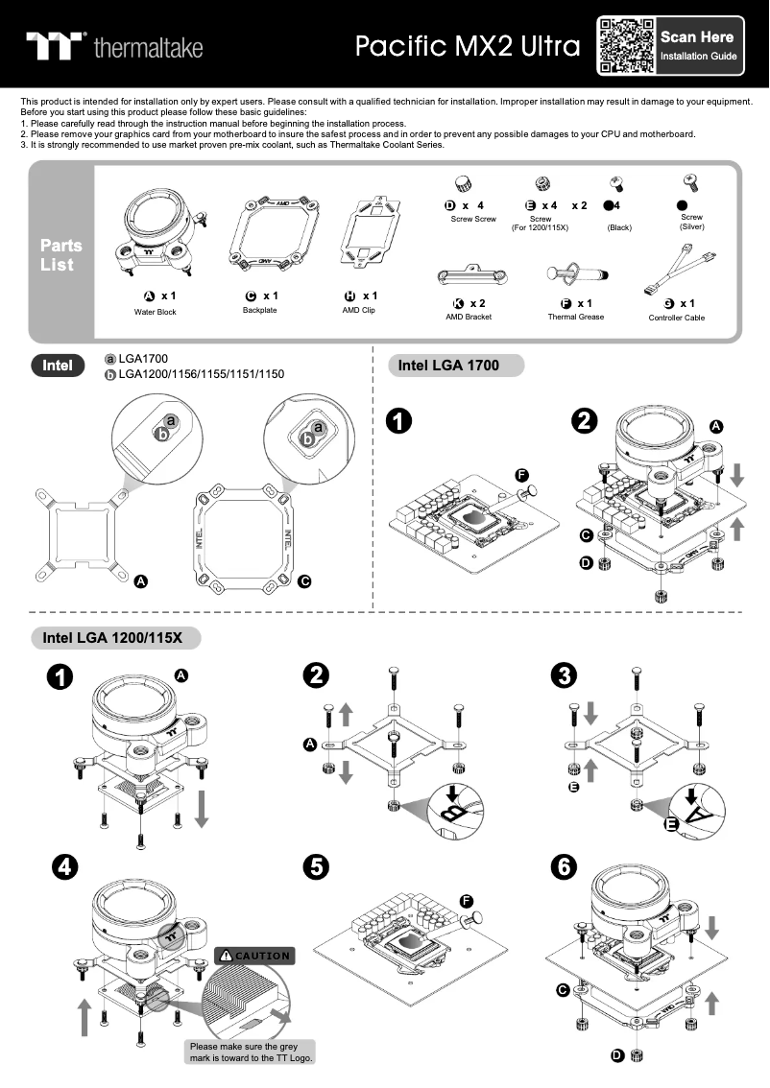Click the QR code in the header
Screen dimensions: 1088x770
626,45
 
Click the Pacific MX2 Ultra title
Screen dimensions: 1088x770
468,46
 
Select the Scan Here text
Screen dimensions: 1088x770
697,37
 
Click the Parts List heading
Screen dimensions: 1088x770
61,254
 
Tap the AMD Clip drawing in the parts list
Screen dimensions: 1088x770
370,232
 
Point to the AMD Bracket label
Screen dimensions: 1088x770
469,317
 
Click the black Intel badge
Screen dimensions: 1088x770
58,365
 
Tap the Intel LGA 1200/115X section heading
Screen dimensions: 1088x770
112,637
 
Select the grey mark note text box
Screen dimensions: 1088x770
252,1052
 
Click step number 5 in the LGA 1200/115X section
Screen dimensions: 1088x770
315,866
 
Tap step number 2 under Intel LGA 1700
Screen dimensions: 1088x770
584,420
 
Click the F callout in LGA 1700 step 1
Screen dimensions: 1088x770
521,475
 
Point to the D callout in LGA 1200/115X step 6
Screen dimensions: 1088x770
617,1056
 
